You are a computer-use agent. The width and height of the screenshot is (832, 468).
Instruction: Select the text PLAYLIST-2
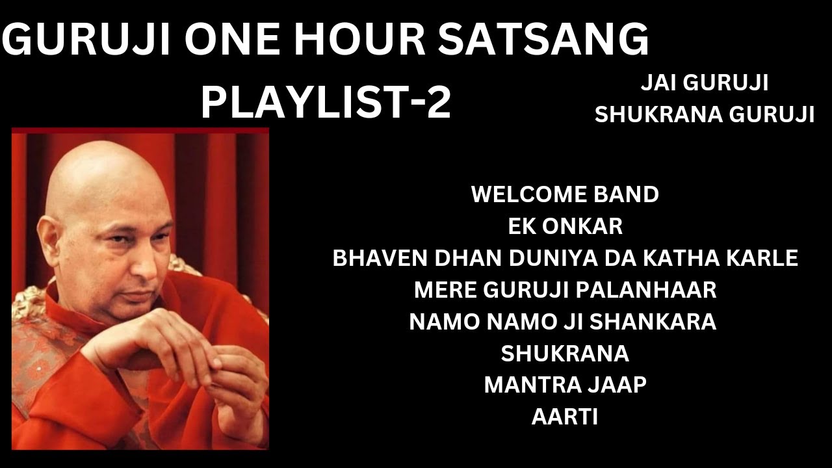pos(325,102)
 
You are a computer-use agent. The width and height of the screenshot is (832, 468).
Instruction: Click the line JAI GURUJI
pos(705,83)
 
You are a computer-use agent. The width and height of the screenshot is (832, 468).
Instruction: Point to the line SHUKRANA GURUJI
pos(705,114)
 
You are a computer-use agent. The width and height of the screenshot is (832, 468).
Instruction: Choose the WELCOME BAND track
pos(565,194)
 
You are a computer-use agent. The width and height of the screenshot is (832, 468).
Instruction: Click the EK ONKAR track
pos(565,226)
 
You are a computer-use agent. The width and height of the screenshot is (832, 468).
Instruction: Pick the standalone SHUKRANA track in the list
pos(565,354)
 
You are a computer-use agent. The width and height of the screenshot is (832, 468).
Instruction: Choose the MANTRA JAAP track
pos(565,385)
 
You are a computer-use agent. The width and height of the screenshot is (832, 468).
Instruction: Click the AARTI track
pos(565,417)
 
